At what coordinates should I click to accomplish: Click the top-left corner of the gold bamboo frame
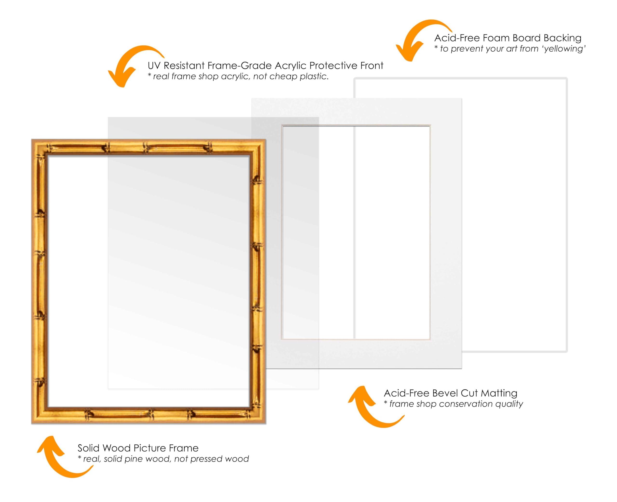click(32, 139)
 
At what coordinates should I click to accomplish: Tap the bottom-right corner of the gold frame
click(266, 424)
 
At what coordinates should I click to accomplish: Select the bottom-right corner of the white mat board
click(462, 369)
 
